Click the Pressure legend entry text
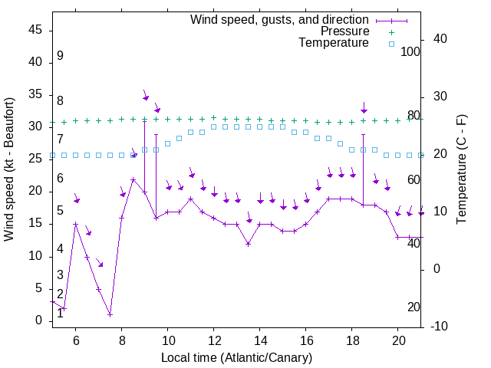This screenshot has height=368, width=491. point(344,31)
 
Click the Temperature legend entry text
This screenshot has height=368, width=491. point(334,43)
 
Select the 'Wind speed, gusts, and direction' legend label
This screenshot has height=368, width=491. point(280,19)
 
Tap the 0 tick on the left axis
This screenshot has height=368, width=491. point(38,320)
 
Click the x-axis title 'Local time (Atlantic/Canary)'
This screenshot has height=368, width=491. point(237,357)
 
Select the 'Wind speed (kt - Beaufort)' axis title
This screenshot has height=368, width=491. point(10,169)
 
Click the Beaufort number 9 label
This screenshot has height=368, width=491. point(60,56)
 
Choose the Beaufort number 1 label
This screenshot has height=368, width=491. point(60,313)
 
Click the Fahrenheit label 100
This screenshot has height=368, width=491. point(411,52)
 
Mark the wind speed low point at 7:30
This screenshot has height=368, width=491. point(110,314)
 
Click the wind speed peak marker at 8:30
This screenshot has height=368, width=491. point(133,180)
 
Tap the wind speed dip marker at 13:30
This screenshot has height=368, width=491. point(249,244)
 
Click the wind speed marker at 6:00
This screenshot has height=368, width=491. point(76,224)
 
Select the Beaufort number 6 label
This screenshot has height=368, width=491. point(60,179)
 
